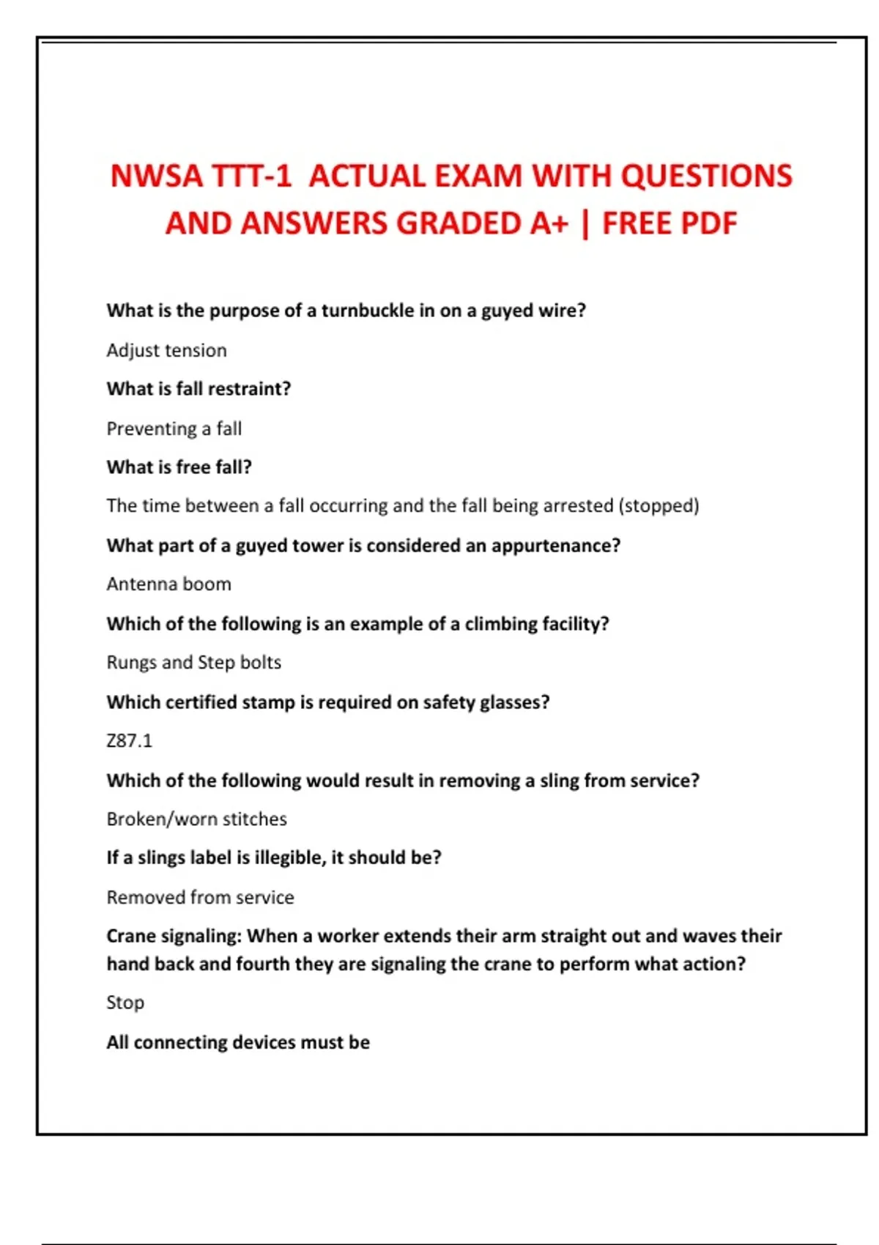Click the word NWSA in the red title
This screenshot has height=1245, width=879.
(156, 176)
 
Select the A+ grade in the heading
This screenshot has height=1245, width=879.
(549, 223)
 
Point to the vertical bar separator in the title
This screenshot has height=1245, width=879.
(585, 224)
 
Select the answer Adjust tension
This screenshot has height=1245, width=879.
(166, 350)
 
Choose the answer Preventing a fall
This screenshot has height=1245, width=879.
(174, 428)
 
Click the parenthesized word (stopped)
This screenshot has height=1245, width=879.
(659, 506)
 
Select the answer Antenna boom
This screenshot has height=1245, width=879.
(168, 584)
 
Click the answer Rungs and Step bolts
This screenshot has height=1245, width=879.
(193, 663)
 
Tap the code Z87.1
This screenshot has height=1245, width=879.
(129, 741)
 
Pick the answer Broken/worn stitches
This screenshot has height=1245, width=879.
(196, 819)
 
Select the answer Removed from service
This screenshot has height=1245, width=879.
(200, 897)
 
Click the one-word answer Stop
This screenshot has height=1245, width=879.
(125, 1003)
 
